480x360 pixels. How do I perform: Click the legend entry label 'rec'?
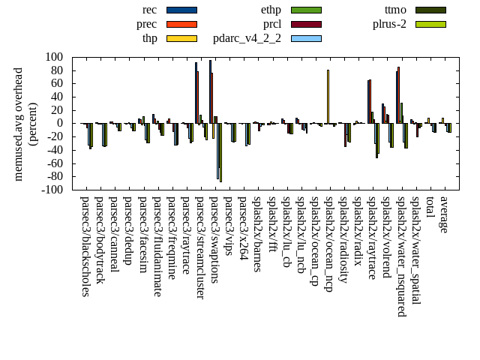point(149,10)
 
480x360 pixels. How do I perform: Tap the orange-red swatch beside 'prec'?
point(181,24)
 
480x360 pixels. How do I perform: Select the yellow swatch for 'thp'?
point(181,38)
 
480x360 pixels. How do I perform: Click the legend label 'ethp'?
point(271,10)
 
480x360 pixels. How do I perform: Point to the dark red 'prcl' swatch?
point(306,24)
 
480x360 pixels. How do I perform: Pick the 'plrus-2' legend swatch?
point(430,24)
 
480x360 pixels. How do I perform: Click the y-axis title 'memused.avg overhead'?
point(19,124)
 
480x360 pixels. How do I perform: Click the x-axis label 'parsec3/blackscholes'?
point(85,247)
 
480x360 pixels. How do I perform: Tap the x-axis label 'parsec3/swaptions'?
point(214,240)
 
